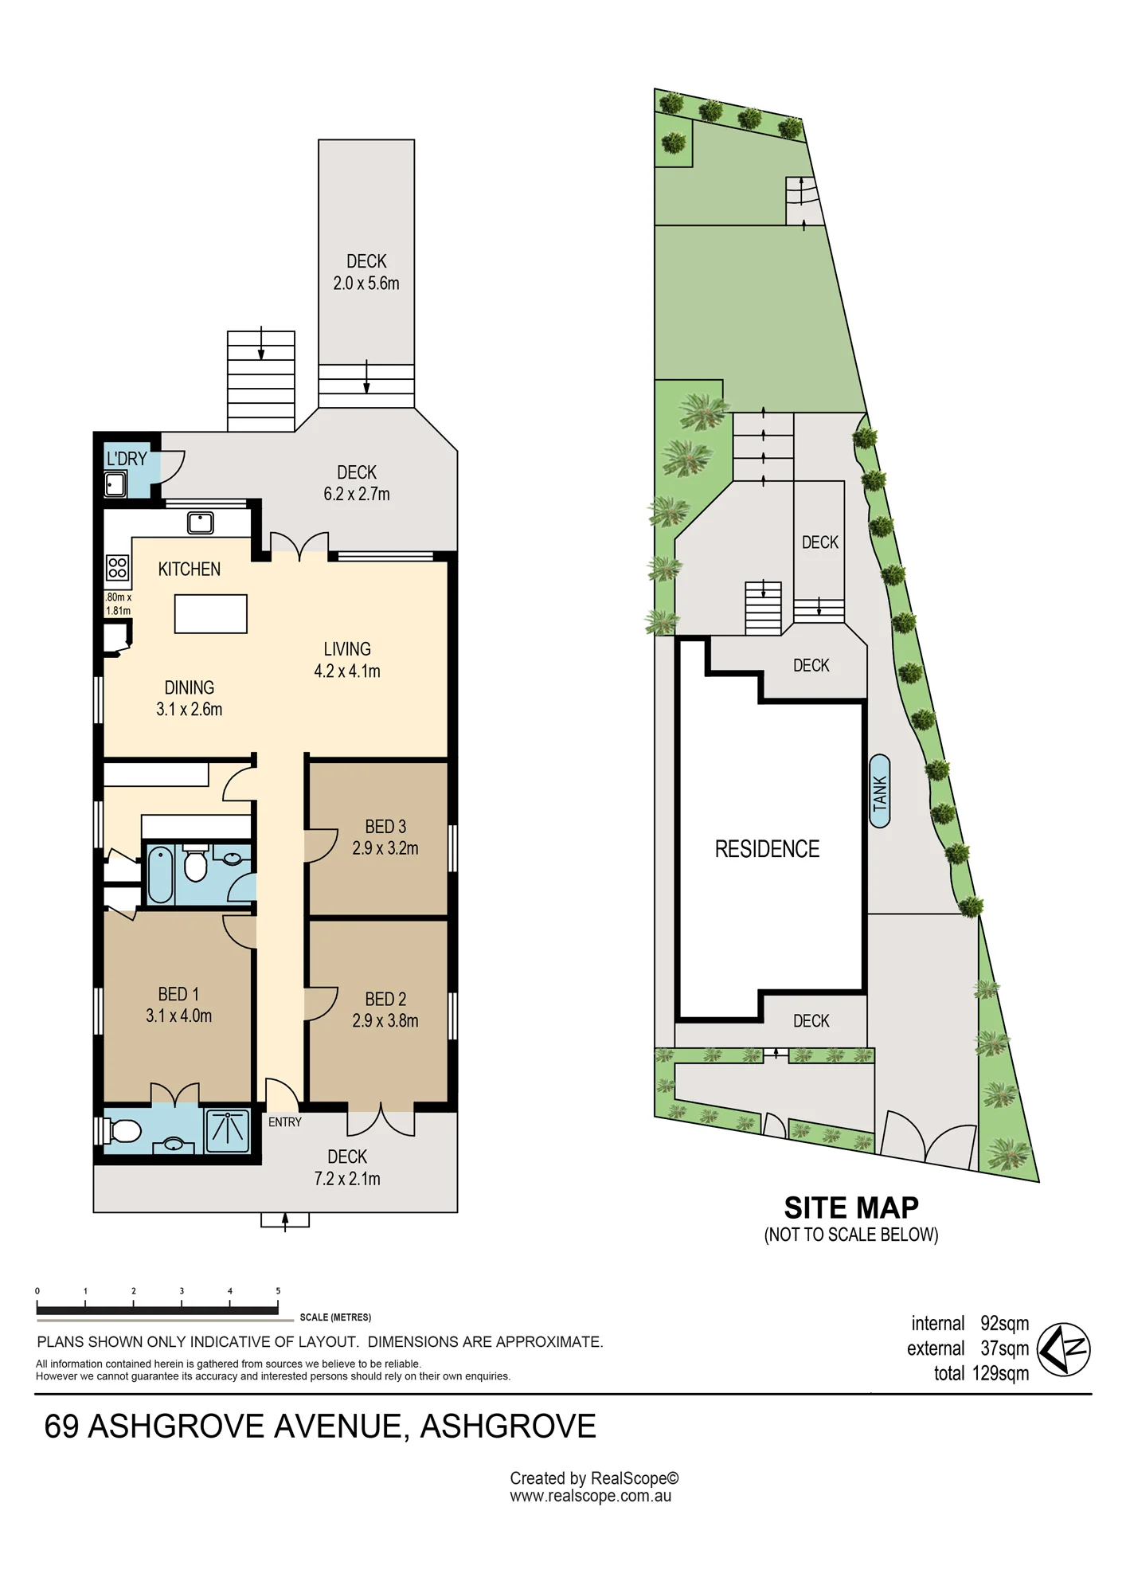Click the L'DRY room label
point(127,460)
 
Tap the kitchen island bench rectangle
point(211,614)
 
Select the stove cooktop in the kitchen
point(117,567)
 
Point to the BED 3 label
point(385,827)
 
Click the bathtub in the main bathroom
point(160,875)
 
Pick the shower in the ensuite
point(228,1131)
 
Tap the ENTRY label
point(285,1122)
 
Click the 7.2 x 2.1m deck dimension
point(347,1179)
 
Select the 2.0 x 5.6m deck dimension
point(366,284)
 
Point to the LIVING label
point(347,649)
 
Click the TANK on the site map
point(879,791)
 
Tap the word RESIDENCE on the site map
point(767,849)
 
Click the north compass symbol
point(1064,1349)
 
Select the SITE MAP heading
point(851,1208)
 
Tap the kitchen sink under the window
point(200,523)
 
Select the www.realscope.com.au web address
point(590,1496)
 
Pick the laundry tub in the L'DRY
point(115,483)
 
